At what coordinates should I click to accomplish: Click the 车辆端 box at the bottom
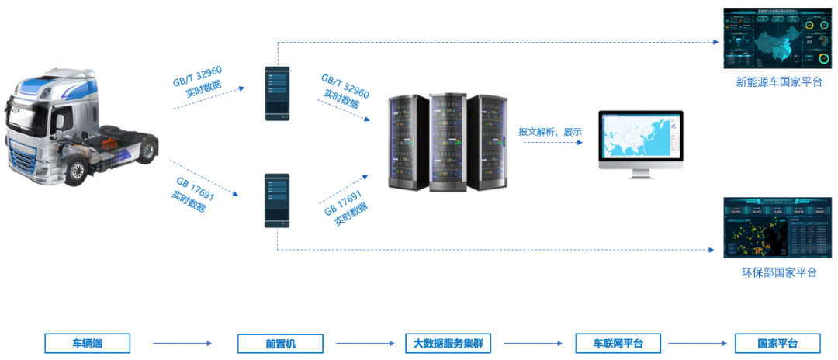tap(87, 343)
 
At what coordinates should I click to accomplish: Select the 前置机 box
tap(277, 343)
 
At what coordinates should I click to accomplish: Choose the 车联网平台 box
tap(618, 343)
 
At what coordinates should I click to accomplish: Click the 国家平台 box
tap(777, 343)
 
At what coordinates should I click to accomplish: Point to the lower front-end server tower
tap(277, 200)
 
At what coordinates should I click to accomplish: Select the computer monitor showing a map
tap(640, 137)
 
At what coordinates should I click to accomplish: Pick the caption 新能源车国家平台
tap(778, 81)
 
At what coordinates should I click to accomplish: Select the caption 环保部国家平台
tap(778, 272)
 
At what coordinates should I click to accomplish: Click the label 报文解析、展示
tap(550, 132)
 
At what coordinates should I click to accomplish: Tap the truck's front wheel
tap(75, 171)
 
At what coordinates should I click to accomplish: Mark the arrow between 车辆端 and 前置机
tap(182, 343)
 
